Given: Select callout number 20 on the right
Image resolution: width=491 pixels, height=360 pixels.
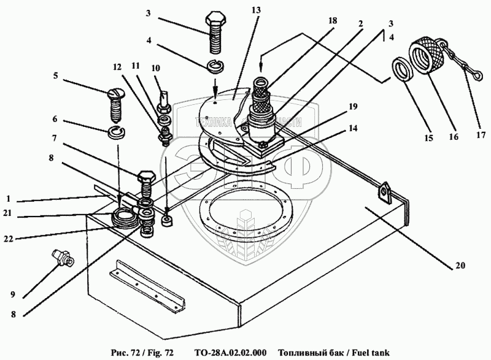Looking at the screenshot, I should (461, 266).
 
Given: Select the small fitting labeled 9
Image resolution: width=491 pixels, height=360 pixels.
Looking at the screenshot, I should (62, 258).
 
